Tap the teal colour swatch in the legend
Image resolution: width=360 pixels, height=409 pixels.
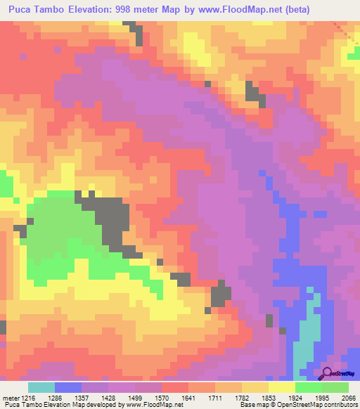41,387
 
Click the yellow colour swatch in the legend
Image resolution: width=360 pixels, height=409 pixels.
282,387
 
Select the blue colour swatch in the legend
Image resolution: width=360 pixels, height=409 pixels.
68,387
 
